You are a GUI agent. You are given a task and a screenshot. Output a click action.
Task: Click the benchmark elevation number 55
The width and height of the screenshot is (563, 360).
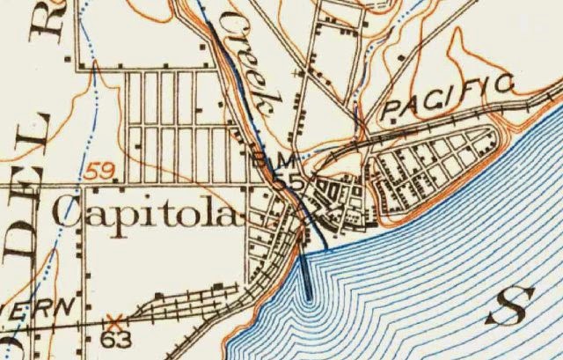pos(281,181)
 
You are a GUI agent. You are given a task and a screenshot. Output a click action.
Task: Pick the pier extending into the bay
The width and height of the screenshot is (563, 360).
pos(307,273)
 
